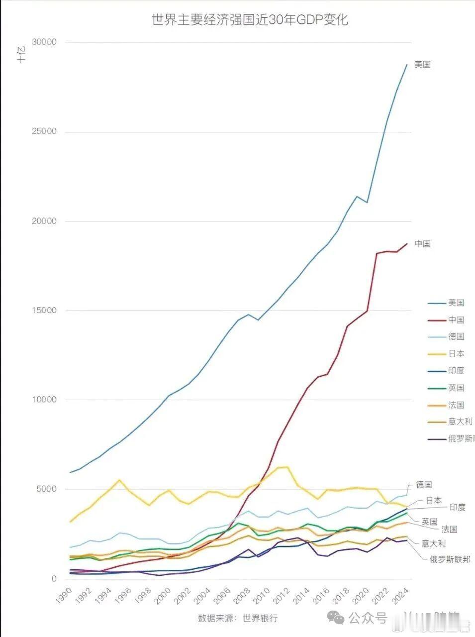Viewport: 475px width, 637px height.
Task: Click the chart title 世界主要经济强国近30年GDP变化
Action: coord(249,19)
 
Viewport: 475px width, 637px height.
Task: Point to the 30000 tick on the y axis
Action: coord(44,42)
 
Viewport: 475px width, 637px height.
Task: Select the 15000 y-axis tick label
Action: coord(44,311)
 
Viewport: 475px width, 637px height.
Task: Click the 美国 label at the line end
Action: coord(422,65)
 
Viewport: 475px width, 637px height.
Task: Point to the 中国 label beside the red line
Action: coord(422,244)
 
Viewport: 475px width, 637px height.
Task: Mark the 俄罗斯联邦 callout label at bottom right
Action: coord(450,559)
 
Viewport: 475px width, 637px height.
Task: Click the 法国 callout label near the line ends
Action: coord(449,530)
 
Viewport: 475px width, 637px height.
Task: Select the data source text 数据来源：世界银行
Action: coord(237,619)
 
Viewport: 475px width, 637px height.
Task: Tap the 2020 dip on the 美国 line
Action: coord(367,203)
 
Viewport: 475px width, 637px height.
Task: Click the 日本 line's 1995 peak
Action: coord(119,480)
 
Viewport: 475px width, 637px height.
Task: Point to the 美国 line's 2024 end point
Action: coord(407,65)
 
